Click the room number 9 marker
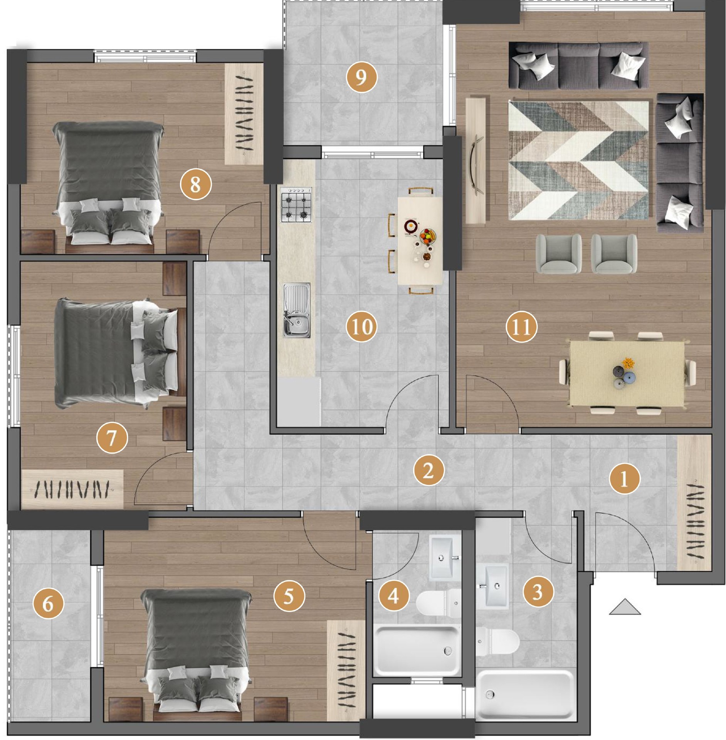(x=361, y=77)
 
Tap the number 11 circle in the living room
(x=521, y=327)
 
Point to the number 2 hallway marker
(x=429, y=470)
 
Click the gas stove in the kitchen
(x=296, y=205)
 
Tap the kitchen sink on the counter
(x=297, y=310)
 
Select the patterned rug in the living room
(x=578, y=160)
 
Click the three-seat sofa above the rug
(x=578, y=66)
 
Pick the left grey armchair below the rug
(x=559, y=254)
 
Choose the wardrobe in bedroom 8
(x=244, y=114)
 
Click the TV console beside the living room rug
(x=476, y=160)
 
